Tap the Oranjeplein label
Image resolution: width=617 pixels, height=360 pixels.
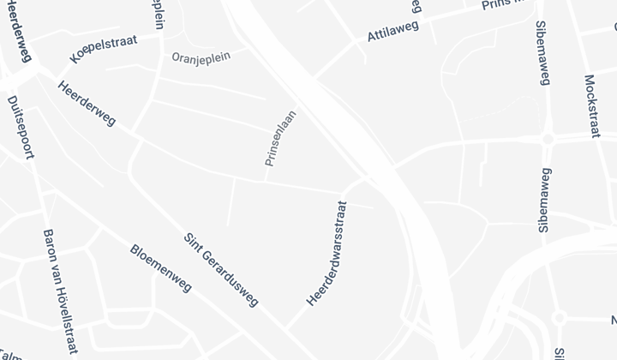[201, 59]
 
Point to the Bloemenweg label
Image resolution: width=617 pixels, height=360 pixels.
[160, 267]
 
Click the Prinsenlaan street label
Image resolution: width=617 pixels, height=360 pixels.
[280, 137]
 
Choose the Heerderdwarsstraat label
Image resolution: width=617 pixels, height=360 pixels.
[326, 254]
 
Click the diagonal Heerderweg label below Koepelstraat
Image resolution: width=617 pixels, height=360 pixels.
[87, 103]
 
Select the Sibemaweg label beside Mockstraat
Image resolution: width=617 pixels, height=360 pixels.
[542, 53]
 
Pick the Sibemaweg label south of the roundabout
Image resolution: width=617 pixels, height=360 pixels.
[543, 200]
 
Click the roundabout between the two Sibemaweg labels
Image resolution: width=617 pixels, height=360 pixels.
[548, 138]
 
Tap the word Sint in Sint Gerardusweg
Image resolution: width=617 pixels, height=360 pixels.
[192, 243]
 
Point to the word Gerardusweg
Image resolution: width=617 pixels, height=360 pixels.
[232, 282]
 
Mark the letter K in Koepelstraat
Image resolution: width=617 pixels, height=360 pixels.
[75, 59]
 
